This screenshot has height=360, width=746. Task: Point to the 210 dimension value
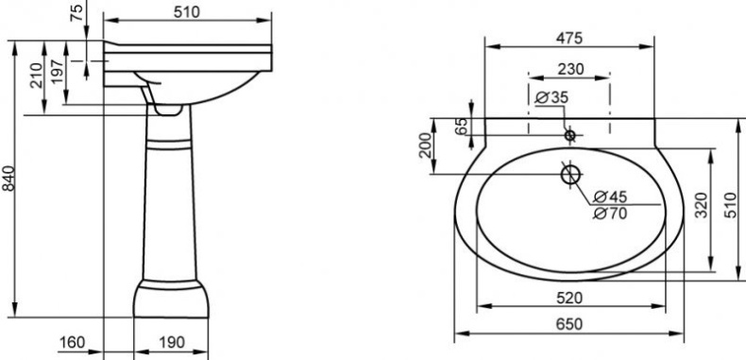[36, 74]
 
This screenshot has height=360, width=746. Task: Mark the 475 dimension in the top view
[569, 38]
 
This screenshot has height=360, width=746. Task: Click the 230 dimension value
[569, 68]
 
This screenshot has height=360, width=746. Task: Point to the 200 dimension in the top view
[426, 146]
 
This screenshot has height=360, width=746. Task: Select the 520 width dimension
[568, 298]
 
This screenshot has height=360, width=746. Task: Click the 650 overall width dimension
[568, 324]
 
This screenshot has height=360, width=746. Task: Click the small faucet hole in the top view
[569, 135]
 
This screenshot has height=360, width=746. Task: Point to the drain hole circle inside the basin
[569, 175]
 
